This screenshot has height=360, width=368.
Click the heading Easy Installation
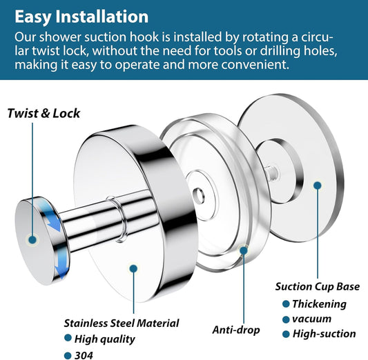[81, 17]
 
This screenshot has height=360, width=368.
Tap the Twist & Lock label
[43, 113]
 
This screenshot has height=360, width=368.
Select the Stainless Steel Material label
[122, 323]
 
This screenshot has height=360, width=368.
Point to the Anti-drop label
[236, 330]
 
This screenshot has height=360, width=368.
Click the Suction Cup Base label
[318, 287]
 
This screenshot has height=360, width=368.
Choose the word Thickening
[319, 304]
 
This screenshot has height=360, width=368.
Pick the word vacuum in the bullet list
[311, 319]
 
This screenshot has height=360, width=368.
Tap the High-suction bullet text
[324, 334]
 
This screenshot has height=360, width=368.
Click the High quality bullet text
[105, 339]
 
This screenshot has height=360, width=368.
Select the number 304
[84, 355]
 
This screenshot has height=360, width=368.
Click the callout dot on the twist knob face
[32, 240]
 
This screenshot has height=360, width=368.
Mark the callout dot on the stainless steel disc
[133, 268]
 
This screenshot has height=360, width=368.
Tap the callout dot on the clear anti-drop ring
[244, 250]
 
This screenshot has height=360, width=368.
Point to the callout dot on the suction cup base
[318, 186]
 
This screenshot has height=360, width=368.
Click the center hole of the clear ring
[198, 194]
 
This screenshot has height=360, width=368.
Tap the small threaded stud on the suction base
[271, 172]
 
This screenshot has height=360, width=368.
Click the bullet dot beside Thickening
[286, 304]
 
